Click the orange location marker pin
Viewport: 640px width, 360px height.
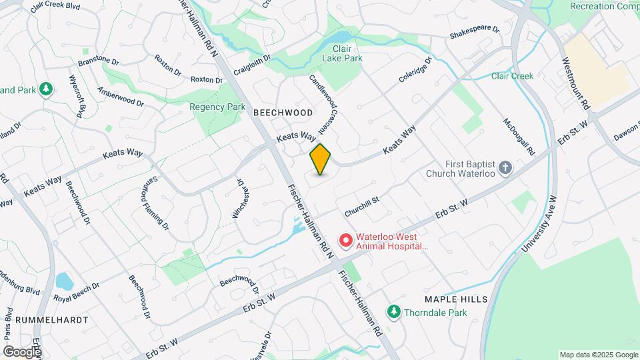pyautogui.click(x=321, y=159)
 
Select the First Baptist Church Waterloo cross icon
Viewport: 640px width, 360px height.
pyautogui.click(x=505, y=167)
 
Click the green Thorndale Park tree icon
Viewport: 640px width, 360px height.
pyautogui.click(x=394, y=312)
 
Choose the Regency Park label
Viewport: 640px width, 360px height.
pyautogui.click(x=217, y=107)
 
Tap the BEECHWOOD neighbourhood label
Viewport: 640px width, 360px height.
pyautogui.click(x=283, y=113)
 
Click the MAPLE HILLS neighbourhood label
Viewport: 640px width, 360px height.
pyautogui.click(x=455, y=299)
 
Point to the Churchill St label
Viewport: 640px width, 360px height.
pyautogui.click(x=362, y=206)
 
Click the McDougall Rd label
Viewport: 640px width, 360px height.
pyautogui.click(x=519, y=137)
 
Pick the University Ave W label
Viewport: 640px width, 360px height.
pyautogui.click(x=538, y=224)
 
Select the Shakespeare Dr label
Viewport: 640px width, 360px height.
pyautogui.click(x=475, y=31)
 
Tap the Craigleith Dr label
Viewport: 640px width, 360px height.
pyautogui.click(x=252, y=64)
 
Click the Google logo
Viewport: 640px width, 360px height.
pyautogui.click(x=22, y=351)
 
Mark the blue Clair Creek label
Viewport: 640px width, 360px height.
pyautogui.click(x=512, y=76)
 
